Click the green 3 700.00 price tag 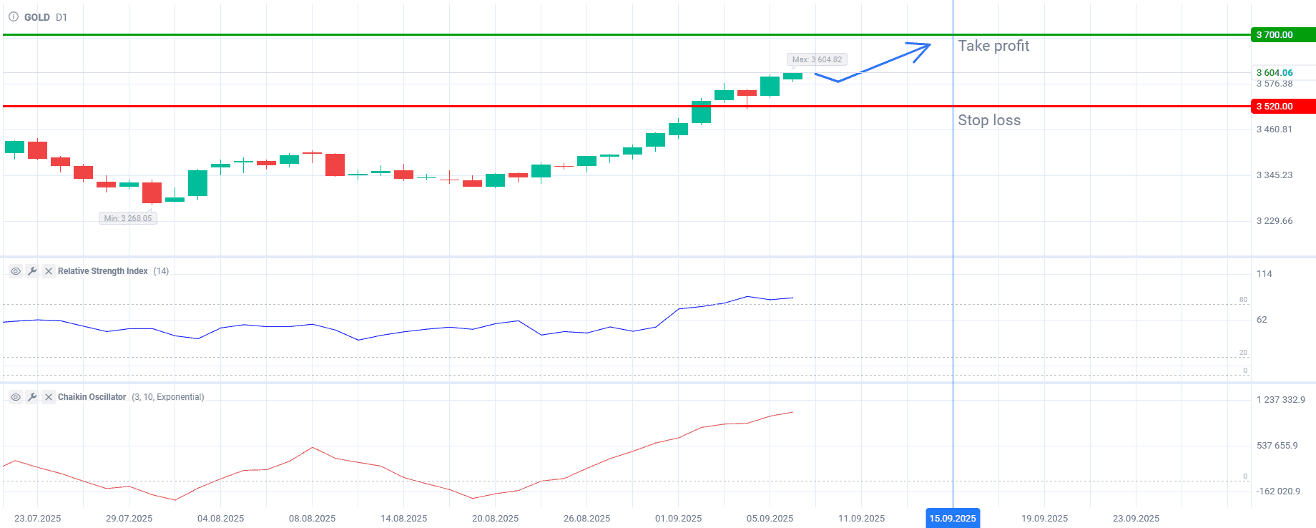click(x=1282, y=34)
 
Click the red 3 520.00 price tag click(x=1282, y=106)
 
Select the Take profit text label click(x=993, y=46)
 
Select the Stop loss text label click(x=989, y=120)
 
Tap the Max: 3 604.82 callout click(x=817, y=59)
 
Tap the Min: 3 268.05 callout click(x=128, y=218)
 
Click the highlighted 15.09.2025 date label click(x=953, y=518)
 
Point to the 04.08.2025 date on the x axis click(x=220, y=518)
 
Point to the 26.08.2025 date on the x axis click(x=586, y=518)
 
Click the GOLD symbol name click(x=37, y=17)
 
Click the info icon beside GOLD click(x=13, y=16)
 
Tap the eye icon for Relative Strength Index click(x=15, y=271)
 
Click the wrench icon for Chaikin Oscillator click(x=31, y=397)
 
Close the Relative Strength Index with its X click(x=49, y=271)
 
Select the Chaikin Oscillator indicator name click(x=92, y=397)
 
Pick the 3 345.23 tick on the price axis click(x=1275, y=175)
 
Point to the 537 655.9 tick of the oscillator click(x=1277, y=446)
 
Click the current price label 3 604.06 click(x=1275, y=72)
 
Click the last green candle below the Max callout click(x=792, y=76)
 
